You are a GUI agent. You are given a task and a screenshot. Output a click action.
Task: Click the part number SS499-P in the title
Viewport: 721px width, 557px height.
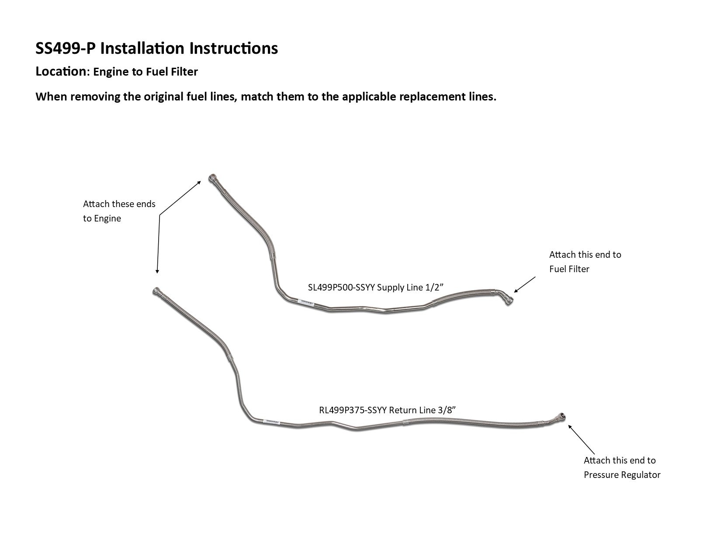[65, 48]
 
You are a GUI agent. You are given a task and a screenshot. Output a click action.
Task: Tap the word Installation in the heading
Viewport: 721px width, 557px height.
[142, 48]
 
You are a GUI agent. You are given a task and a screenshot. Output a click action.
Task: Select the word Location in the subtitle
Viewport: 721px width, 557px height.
[61, 72]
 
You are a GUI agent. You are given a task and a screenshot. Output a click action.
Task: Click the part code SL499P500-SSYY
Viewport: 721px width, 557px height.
[341, 287]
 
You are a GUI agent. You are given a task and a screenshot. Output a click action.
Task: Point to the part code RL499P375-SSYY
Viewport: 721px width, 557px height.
[353, 410]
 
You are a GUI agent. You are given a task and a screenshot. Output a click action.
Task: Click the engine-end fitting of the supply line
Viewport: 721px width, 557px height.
[212, 179]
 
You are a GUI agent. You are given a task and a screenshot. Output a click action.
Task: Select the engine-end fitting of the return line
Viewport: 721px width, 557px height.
[156, 291]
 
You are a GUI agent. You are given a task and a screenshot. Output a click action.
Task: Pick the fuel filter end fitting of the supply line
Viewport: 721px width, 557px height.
[508, 301]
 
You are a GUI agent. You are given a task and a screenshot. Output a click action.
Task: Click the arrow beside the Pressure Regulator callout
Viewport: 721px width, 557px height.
[581, 439]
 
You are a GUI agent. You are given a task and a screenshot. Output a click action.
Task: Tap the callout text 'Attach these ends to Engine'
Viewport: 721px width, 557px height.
[119, 211]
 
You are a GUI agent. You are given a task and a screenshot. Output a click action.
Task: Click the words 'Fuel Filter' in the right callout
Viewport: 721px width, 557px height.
[569, 269]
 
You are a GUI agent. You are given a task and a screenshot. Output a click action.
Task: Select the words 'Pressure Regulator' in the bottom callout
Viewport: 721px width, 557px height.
[622, 475]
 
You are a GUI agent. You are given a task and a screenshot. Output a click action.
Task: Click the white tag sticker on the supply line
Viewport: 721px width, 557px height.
[306, 302]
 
